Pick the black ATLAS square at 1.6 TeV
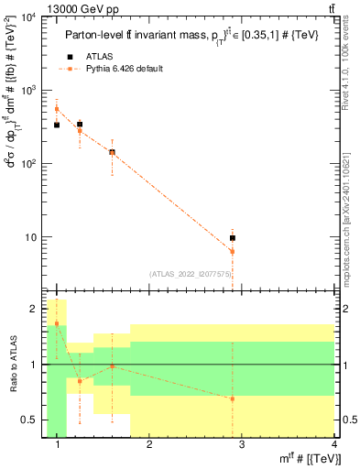[112, 152]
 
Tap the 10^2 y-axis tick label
[28, 164]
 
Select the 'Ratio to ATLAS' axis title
[12, 365]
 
